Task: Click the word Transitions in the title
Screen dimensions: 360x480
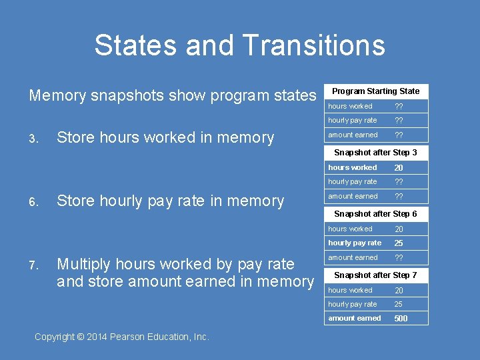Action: (x=314, y=45)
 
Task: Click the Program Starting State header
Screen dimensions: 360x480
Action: (x=375, y=91)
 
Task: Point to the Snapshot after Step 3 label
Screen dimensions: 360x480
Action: (x=375, y=153)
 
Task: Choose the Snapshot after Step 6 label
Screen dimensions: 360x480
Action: (x=375, y=214)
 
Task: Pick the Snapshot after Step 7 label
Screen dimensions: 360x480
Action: (x=375, y=275)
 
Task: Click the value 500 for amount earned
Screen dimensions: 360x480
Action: (x=401, y=319)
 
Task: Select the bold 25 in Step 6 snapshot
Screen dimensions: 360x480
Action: (x=399, y=243)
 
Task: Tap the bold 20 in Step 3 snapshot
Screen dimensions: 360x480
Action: (x=399, y=168)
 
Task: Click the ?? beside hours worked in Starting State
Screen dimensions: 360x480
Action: (x=399, y=107)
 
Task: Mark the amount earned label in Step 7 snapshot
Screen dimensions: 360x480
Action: (x=354, y=319)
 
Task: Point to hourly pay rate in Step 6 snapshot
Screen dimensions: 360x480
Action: (x=355, y=243)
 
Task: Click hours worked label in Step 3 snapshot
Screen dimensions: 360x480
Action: (x=352, y=168)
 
